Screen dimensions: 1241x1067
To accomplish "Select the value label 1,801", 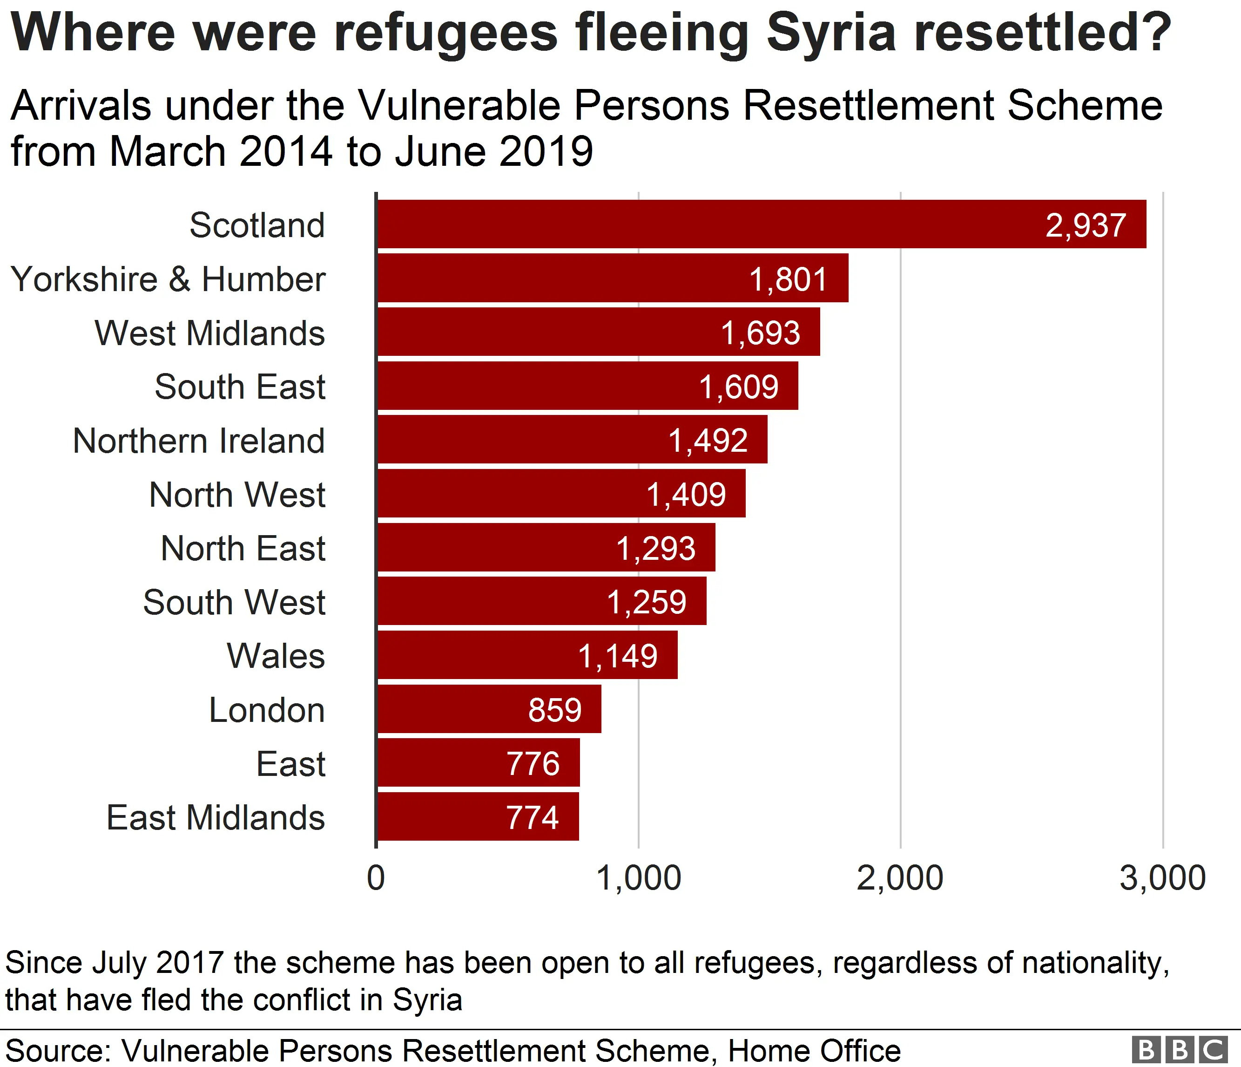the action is coord(788,279).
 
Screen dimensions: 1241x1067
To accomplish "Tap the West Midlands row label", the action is coord(209,333).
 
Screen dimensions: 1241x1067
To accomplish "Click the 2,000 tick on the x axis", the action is coord(900,878).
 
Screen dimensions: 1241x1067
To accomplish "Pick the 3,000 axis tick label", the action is coord(1162,878).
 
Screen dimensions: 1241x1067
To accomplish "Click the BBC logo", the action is coord(1178,1050).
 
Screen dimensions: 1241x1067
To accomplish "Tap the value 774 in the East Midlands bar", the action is coord(532,817).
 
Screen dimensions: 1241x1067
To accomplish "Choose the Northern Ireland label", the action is coord(199,441).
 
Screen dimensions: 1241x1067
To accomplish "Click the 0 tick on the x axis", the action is coord(376,878).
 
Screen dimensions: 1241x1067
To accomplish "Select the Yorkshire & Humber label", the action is coord(169,279).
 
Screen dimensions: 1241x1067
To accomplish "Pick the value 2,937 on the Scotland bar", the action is coord(1085,226).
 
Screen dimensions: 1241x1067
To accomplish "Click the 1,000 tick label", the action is coord(639,878).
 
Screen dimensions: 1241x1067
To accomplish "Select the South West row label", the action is coord(234,602).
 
